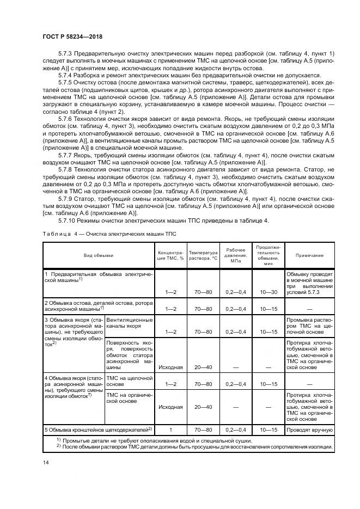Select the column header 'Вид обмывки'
point(99,255)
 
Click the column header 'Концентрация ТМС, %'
point(170,255)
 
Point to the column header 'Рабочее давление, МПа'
point(236,255)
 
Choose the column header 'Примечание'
point(310,255)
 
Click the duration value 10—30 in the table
point(268,292)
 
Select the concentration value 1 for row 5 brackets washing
point(170,430)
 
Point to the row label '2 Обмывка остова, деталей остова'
point(98,305)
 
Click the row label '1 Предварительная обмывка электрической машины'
point(98,276)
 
